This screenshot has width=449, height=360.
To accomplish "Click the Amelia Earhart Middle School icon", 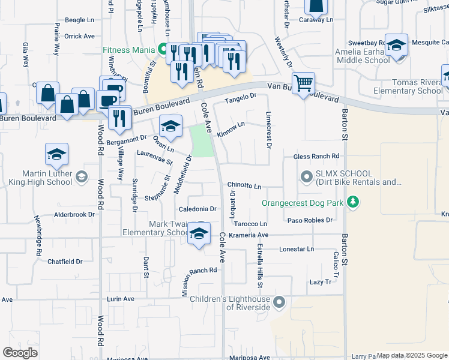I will (396, 46).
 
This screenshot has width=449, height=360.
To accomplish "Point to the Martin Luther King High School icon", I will (56, 155).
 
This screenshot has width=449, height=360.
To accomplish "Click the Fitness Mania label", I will (130, 50).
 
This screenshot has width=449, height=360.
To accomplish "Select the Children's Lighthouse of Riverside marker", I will (279, 302).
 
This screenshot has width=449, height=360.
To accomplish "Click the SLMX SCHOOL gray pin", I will (306, 177).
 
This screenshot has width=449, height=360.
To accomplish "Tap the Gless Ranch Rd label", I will (316, 157).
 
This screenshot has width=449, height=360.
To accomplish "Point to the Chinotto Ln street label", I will (244, 187).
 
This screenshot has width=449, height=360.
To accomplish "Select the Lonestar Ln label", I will (297, 248).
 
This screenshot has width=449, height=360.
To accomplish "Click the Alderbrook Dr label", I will (75, 214).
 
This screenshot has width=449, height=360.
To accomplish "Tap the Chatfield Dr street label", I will (65, 262).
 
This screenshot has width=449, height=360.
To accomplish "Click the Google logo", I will (20, 353).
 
